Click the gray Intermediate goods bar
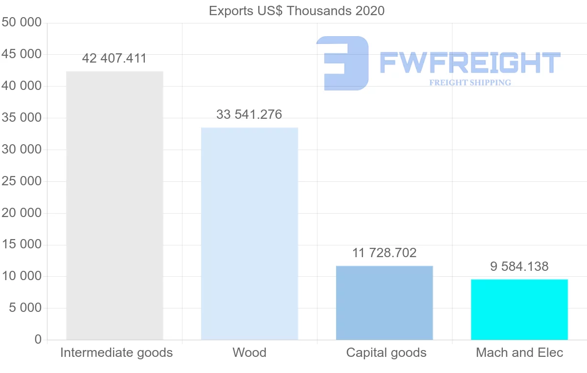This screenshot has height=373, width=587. [114, 205]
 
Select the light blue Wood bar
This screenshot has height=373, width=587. [249, 234]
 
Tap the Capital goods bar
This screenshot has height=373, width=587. [384, 303]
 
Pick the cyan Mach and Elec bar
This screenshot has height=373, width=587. [519, 309]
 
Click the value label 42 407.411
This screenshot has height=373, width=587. [114, 59]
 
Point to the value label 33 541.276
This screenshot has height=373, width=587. [249, 114]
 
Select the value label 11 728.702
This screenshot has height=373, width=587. [384, 253]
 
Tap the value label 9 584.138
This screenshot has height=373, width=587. [519, 266]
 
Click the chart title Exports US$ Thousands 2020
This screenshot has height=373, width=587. [297, 11]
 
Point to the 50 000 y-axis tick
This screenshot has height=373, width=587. [22, 22]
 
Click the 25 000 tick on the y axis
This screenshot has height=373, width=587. [22, 181]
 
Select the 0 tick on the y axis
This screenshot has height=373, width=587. [38, 340]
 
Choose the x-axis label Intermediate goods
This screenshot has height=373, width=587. [116, 352]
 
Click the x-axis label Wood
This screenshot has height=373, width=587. [249, 352]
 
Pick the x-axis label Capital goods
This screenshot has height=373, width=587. [386, 352]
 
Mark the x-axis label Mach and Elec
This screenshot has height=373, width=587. [519, 352]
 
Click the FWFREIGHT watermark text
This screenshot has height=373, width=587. [470, 63]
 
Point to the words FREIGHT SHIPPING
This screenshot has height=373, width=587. [470, 83]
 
